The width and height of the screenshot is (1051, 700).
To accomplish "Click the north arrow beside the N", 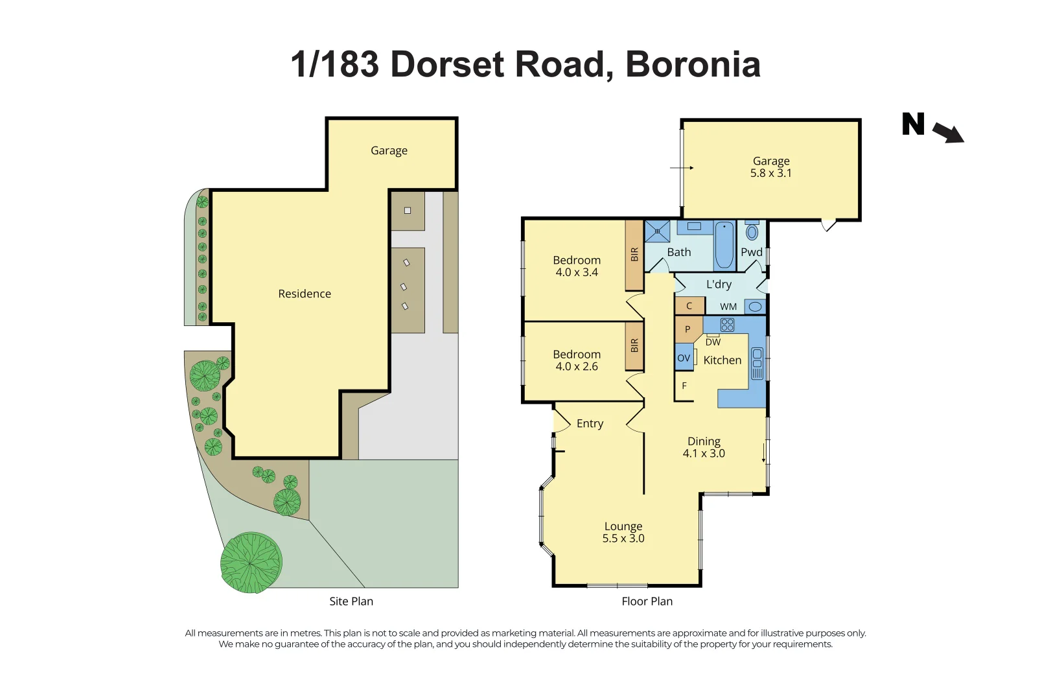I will coord(949,133).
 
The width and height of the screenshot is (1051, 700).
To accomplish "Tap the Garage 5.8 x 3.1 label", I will coord(770,167).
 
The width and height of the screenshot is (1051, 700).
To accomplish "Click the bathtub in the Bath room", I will coord(724,246).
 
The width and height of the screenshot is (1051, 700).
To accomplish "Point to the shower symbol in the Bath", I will coord(657,231).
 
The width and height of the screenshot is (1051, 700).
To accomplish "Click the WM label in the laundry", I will coord(728,307).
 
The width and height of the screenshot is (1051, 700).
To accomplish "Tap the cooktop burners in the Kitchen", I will coord(727,325).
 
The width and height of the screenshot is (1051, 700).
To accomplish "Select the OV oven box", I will coord(684,358).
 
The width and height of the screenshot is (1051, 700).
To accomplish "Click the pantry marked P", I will coord(687,329).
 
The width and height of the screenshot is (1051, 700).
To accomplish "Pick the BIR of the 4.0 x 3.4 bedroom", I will coord(634,255).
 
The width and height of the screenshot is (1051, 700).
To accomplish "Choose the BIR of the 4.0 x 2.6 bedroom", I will coord(634,345).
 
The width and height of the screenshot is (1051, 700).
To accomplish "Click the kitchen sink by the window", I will coord(757,363).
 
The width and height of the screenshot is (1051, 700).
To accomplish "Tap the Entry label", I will coord(590,423).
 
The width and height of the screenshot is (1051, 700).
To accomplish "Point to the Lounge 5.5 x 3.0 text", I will coord(623,532).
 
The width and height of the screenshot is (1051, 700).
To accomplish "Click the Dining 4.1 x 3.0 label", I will coord(704,447).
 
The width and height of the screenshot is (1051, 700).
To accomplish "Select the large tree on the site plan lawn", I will coord(251,563).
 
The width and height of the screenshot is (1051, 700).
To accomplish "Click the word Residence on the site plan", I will coord(305,294).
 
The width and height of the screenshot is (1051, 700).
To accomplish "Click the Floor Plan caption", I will coord(647,601).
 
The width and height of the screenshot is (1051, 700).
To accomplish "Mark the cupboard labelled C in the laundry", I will coord(689,306).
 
